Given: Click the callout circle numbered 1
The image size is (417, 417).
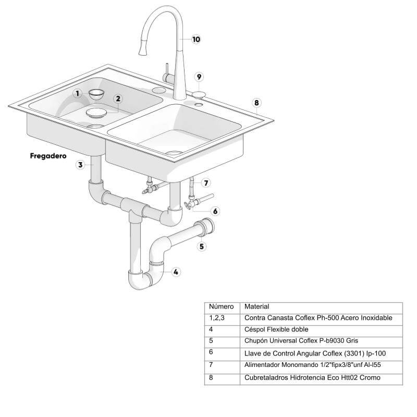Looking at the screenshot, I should pos(77,94).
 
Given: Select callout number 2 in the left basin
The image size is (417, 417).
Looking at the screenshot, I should pos(118,99).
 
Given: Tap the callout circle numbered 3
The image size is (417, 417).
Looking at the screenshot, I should pos(80,165).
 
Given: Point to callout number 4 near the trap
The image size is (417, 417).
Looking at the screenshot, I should pos(176,272).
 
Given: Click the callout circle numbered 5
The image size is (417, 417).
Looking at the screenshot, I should pos(202,247).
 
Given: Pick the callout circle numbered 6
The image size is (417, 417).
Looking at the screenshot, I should pos(215,211).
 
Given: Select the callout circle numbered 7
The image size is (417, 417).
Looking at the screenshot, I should pos(206,183).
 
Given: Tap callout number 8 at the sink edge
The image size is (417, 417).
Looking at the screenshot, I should pos(256,103).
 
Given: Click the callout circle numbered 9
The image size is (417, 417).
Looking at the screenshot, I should pos(199,77).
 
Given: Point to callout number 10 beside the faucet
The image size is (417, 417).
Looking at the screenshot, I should pos(196,39).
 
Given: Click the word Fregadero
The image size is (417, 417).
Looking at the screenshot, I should pos(48,155).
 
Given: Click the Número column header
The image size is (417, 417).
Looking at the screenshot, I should pos(220,306).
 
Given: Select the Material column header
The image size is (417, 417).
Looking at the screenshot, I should pos(256,306).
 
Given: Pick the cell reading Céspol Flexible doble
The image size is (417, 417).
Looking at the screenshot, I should pos(276,329).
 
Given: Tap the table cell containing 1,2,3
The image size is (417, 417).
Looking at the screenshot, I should pos(217,317).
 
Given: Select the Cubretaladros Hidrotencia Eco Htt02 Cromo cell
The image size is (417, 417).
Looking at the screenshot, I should pos(312,377).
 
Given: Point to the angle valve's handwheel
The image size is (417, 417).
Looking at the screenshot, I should pos(187,205).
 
